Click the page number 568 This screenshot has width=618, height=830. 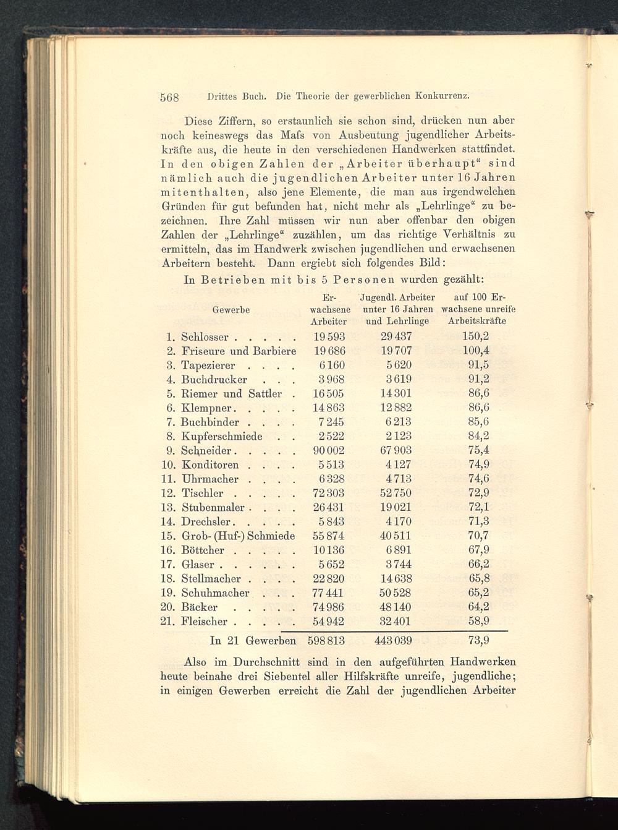(x=169, y=97)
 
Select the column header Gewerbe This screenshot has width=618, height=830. (x=231, y=310)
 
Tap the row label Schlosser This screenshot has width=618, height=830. (x=205, y=337)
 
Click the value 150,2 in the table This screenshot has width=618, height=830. (x=476, y=337)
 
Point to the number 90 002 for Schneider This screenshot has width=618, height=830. (x=329, y=451)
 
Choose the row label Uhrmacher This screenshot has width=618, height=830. (x=210, y=479)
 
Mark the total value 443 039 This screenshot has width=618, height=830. (x=393, y=641)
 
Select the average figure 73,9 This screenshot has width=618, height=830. (x=480, y=641)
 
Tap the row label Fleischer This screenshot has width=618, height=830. (x=204, y=622)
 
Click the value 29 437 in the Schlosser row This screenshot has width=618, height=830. (x=396, y=337)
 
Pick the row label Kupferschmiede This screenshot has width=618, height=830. (x=222, y=437)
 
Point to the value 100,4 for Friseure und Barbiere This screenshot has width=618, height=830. (x=476, y=351)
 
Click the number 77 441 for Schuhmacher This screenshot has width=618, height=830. (x=329, y=593)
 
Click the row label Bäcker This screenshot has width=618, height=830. (x=199, y=607)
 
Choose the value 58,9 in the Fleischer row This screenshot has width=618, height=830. (x=479, y=622)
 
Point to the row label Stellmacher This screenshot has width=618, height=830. (x=211, y=579)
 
